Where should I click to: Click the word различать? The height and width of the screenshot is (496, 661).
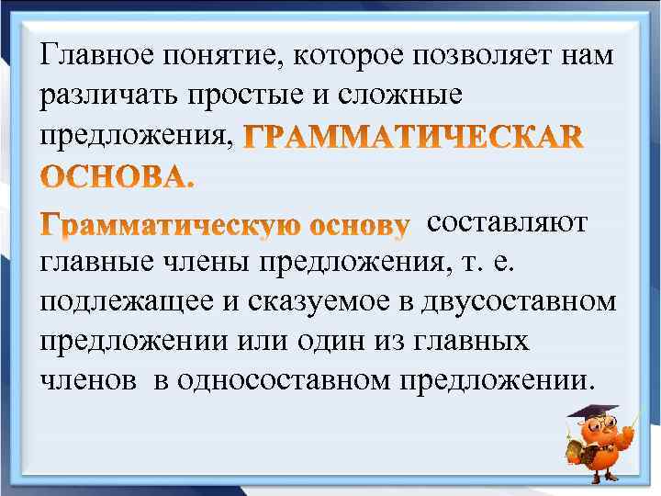[104, 96]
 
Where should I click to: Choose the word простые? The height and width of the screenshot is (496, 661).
[240, 96]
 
